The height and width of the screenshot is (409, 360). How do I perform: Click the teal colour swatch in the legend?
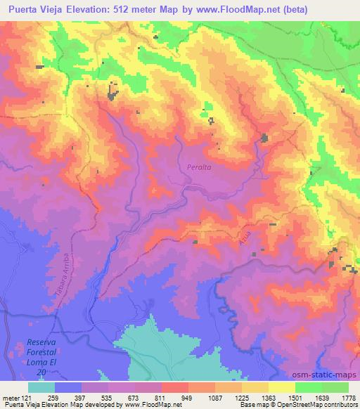[x=41, y=387]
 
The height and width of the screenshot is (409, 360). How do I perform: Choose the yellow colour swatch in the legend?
[x=281, y=387]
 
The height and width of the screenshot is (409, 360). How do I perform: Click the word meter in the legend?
[x=10, y=398]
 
